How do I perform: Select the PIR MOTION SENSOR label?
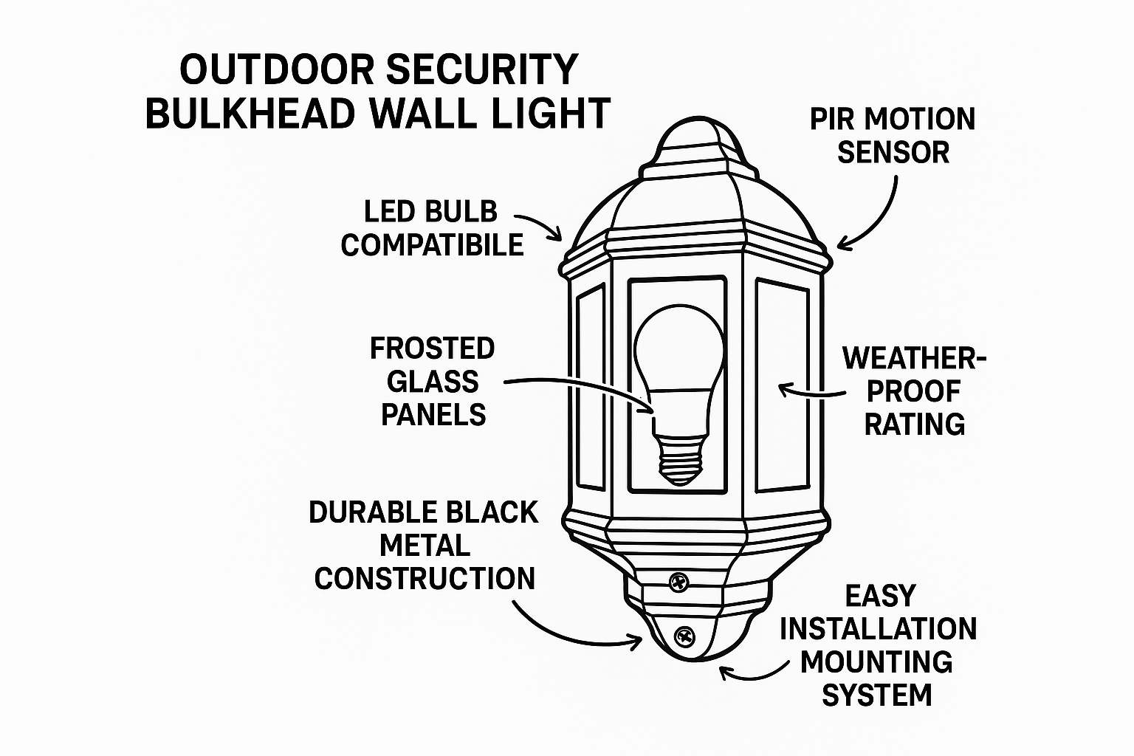(893, 136)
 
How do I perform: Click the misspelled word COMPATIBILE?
(432, 245)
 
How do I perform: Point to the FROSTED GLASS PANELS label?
(433, 382)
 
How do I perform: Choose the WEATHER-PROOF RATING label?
(915, 391)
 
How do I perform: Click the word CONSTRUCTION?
(425, 578)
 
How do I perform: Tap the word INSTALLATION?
(879, 629)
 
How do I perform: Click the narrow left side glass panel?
(591, 388)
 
